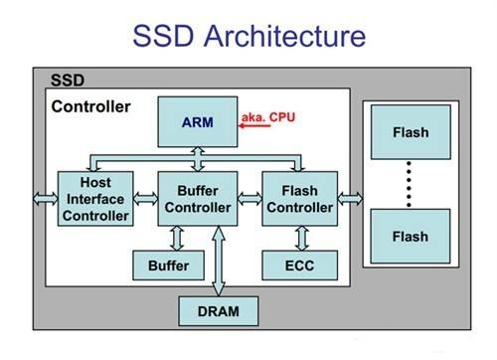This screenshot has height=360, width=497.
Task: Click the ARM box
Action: coord(197,122)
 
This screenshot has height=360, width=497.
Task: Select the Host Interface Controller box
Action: coord(95,198)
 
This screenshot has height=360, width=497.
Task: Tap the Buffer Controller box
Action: coord(197,198)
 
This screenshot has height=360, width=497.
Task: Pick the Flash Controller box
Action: coord(300,198)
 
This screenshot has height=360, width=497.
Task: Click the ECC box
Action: coord(300,265)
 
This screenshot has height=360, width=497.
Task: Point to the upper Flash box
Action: coord(410,131)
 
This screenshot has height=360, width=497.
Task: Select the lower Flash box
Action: coord(410,236)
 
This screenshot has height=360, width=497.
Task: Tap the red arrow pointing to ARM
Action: coord(255,126)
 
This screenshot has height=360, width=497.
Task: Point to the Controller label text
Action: coord(90,106)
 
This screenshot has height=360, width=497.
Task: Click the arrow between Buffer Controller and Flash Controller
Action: coord(248,198)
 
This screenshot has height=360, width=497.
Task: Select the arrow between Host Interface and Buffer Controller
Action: coord(145,198)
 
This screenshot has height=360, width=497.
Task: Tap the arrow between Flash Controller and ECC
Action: coord(300,237)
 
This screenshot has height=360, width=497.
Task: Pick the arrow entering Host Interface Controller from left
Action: coord(45,198)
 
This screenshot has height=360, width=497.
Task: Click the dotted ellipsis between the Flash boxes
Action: coord(410,184)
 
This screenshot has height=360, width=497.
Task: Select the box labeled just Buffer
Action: coord(169,265)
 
